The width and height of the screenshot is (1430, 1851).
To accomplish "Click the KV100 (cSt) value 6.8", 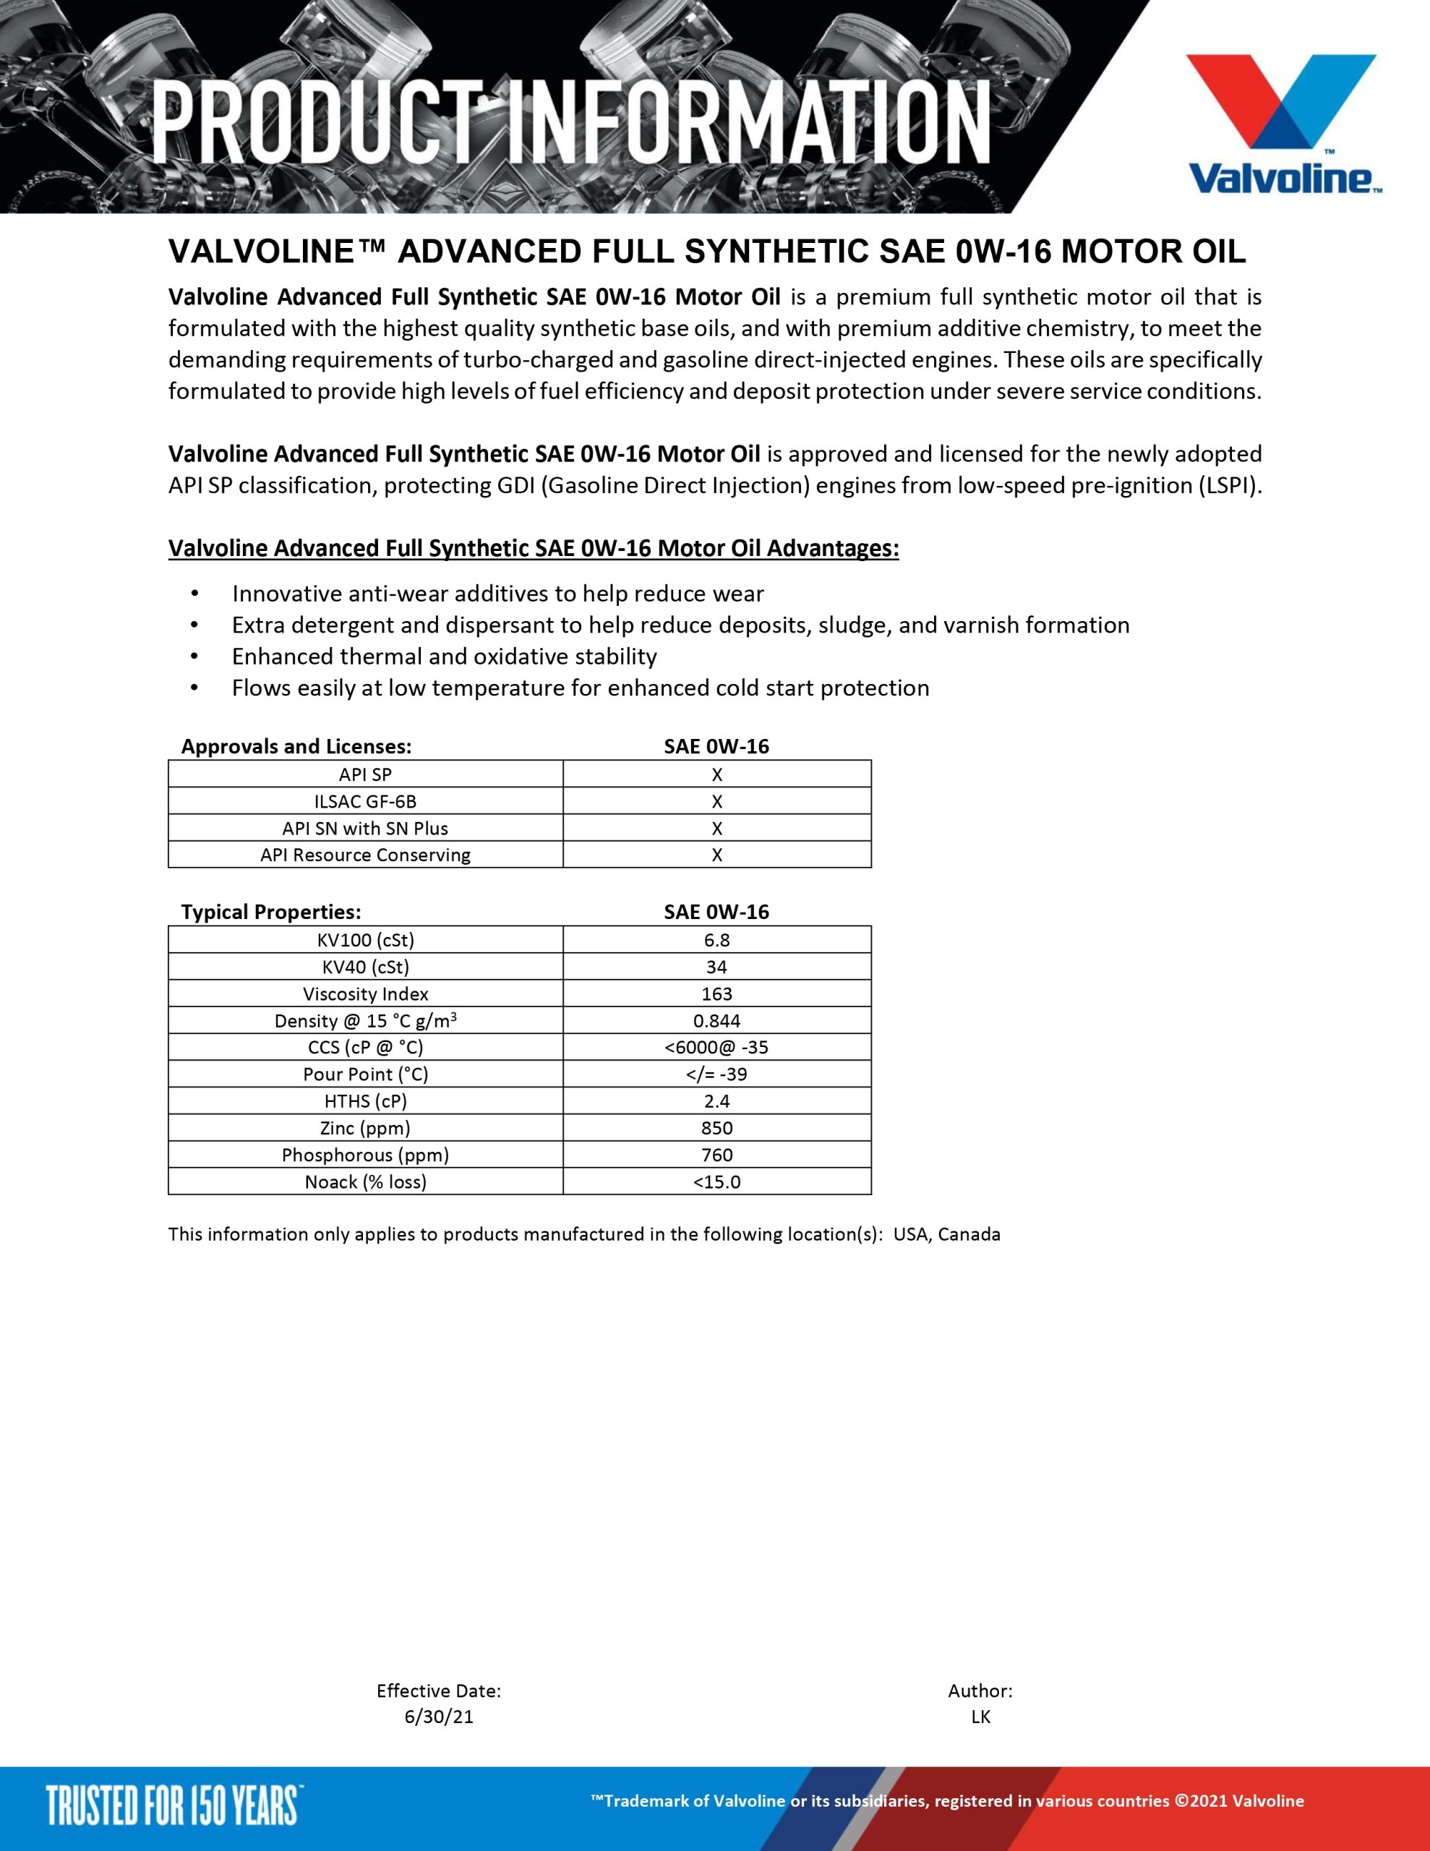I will [716, 940].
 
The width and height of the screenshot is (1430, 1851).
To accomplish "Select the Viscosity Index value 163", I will [716, 993].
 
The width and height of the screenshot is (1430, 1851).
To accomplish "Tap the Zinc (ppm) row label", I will [365, 1128].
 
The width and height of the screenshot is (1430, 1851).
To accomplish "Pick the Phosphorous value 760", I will [716, 1155].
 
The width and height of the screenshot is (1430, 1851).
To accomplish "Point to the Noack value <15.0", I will [716, 1181].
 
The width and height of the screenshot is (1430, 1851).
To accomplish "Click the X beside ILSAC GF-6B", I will [716, 801].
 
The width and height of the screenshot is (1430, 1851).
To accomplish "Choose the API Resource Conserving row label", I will [365, 855].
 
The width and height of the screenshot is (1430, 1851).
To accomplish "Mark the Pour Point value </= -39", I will [716, 1074].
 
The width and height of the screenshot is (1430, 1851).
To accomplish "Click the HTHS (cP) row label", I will [365, 1101].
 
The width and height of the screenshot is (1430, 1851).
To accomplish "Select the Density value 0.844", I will [716, 1020].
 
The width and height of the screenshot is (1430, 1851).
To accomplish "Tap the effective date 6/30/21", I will [438, 1717].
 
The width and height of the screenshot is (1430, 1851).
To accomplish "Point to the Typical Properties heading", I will [271, 912].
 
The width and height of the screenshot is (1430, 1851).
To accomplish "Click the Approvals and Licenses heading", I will [296, 747].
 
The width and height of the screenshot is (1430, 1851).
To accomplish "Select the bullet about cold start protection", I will [581, 688].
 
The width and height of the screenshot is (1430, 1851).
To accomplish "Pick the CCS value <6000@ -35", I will [716, 1048].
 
